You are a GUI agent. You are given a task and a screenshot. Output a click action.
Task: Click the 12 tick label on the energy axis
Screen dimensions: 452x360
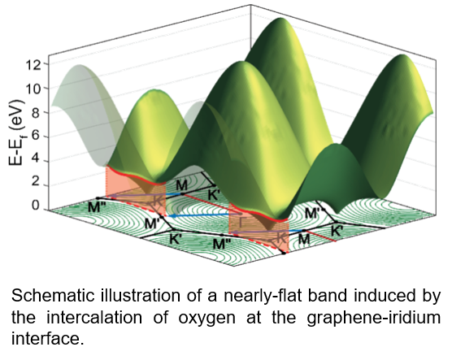click(34, 65)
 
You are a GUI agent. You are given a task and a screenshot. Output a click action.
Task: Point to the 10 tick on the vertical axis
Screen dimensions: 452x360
click(34, 89)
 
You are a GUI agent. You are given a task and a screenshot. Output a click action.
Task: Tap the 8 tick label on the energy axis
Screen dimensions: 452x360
click(35, 113)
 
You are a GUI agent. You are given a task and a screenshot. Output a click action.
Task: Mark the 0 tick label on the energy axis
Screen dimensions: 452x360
click(35, 206)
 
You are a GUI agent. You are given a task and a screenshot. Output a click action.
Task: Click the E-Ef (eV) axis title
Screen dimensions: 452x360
click(17, 133)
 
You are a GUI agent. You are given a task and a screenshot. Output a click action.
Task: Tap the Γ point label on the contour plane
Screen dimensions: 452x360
click(241, 222)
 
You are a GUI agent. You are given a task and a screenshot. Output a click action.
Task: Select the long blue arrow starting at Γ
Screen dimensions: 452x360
click(205, 215)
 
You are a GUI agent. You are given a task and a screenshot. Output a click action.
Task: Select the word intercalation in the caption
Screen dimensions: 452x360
click(94, 318)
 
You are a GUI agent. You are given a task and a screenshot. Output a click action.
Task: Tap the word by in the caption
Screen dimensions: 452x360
click(433, 297)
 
